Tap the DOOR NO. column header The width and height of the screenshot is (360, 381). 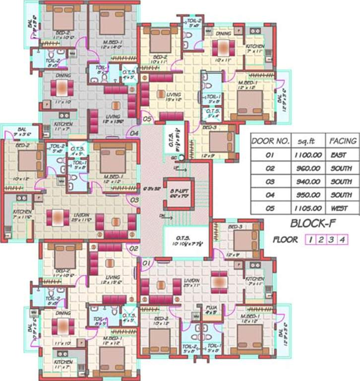point(270,141)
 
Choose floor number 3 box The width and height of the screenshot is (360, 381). point(332,240)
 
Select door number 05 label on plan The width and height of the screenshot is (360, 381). point(147,119)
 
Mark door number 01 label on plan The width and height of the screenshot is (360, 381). point(147,261)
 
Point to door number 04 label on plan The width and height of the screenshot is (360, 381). point(134,132)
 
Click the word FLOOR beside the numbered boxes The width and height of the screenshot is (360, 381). point(285,240)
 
